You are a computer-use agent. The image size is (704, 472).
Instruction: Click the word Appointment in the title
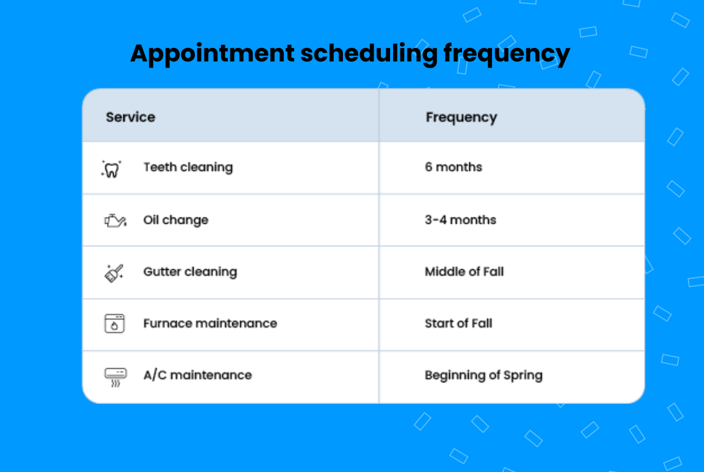pyautogui.click(x=212, y=54)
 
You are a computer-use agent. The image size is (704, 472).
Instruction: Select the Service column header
pyautogui.click(x=130, y=117)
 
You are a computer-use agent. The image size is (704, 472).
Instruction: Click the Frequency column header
pyautogui.click(x=461, y=117)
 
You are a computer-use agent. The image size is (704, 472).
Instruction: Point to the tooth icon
pyautogui.click(x=111, y=168)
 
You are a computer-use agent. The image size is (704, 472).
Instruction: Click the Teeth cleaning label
pyautogui.click(x=188, y=167)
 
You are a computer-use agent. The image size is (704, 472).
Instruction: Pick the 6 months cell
pyautogui.click(x=453, y=167)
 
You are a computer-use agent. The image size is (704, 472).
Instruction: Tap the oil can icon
pyautogui.click(x=115, y=220)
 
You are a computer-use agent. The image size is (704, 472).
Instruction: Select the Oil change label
pyautogui.click(x=176, y=220)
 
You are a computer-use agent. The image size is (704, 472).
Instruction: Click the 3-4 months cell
pyautogui.click(x=460, y=220)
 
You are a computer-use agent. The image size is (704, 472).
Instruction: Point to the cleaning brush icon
pyautogui.click(x=114, y=272)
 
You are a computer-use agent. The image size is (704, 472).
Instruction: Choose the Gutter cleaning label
pyautogui.click(x=190, y=272)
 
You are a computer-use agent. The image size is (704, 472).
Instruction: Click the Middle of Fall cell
pyautogui.click(x=464, y=272)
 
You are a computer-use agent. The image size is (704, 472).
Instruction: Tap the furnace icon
pyautogui.click(x=114, y=323)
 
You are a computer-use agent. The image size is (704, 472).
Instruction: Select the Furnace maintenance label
pyautogui.click(x=210, y=323)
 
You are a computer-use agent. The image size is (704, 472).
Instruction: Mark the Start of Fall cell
pyautogui.click(x=458, y=323)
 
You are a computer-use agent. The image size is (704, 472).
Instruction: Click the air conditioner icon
pyautogui.click(x=115, y=376)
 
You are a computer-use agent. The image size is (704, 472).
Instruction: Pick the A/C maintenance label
pyautogui.click(x=197, y=375)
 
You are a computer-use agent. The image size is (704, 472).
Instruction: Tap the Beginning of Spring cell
pyautogui.click(x=483, y=375)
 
